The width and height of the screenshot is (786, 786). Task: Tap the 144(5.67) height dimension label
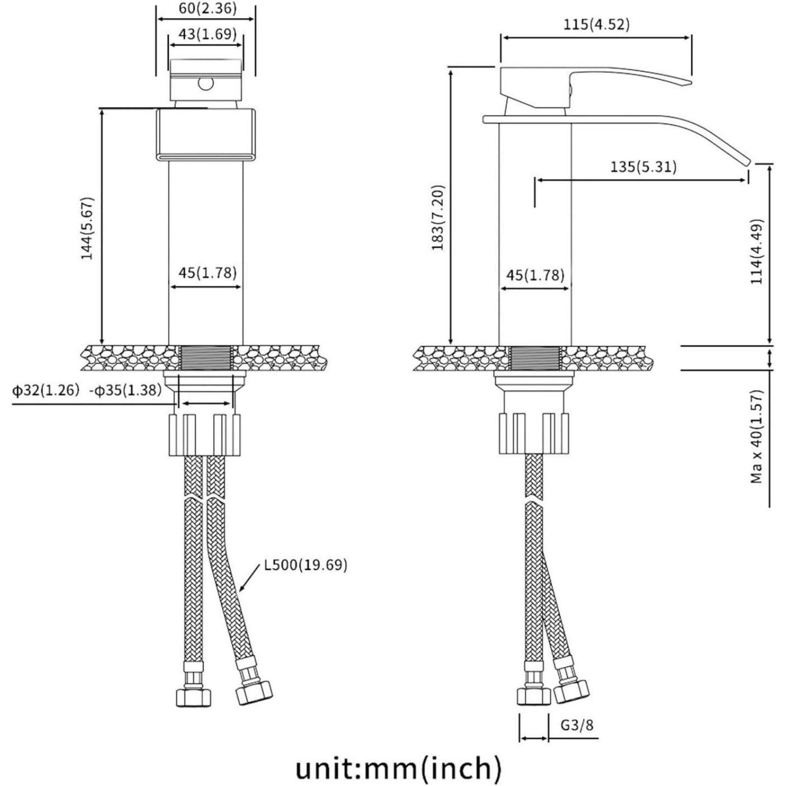87,227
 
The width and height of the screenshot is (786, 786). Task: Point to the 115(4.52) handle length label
596,25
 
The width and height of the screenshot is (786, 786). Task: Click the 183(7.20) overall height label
438,217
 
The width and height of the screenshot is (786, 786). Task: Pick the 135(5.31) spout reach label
643,167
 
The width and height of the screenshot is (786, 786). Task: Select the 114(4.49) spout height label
757,252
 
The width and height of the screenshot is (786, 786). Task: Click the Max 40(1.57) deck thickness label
757,436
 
